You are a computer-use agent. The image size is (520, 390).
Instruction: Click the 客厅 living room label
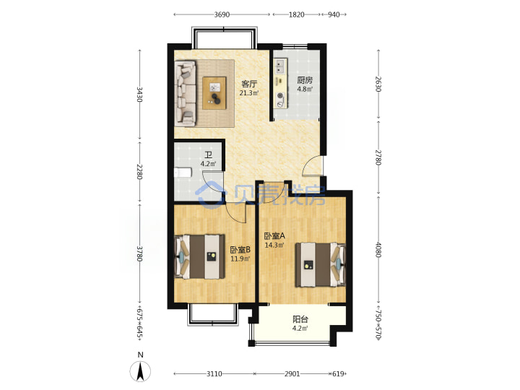point(249,84)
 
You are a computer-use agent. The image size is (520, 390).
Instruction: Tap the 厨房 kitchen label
point(305,80)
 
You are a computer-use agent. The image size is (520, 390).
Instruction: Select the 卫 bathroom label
point(208,155)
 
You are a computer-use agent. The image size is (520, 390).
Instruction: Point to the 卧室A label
point(274,236)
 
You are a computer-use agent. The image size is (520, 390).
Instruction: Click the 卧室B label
point(240,250)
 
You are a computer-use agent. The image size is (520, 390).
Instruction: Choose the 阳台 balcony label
point(300,319)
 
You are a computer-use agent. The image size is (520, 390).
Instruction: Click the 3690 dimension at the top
point(222,14)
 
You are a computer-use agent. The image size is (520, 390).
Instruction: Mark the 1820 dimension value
point(296,14)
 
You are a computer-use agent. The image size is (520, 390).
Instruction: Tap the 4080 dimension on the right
point(378,250)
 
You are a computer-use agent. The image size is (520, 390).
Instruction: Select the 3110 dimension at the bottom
point(214,374)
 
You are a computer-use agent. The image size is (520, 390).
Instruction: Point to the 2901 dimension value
point(292,374)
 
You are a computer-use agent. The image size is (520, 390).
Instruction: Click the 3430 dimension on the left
point(139,95)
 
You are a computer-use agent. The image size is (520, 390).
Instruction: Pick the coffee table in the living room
point(214,93)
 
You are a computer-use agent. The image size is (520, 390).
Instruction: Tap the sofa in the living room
point(186,93)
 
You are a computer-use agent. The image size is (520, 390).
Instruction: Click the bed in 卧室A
point(321,264)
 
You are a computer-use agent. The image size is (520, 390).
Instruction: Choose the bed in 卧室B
point(199,256)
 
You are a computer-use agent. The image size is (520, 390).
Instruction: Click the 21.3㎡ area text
point(249,93)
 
